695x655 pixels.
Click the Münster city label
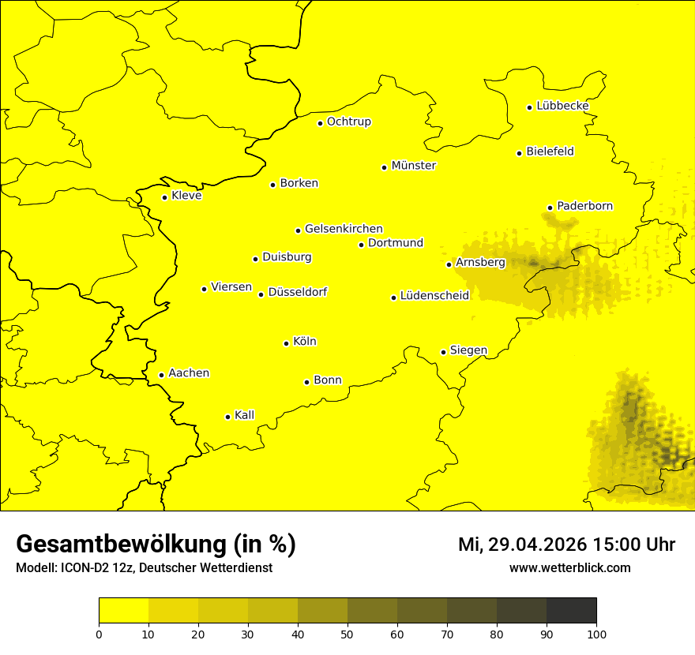click(413, 166)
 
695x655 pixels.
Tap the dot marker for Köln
click(286, 343)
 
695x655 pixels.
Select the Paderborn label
click(584, 206)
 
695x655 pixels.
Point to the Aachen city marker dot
click(161, 375)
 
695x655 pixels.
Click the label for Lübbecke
click(562, 106)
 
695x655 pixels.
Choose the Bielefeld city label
click(550, 152)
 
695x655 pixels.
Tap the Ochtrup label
click(348, 122)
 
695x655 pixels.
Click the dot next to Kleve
click(164, 197)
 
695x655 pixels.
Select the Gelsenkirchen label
click(344, 229)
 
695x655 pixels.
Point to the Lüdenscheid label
click(434, 296)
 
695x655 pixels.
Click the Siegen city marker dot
click(443, 352)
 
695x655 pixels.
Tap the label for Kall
click(244, 415)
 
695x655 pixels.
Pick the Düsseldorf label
click(298, 292)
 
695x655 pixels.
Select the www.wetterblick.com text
click(569, 567)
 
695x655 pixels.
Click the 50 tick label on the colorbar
click(347, 634)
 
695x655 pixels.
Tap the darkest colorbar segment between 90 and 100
click(571, 610)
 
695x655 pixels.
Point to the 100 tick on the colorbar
click(596, 634)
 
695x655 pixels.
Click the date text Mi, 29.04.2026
click(520, 545)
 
